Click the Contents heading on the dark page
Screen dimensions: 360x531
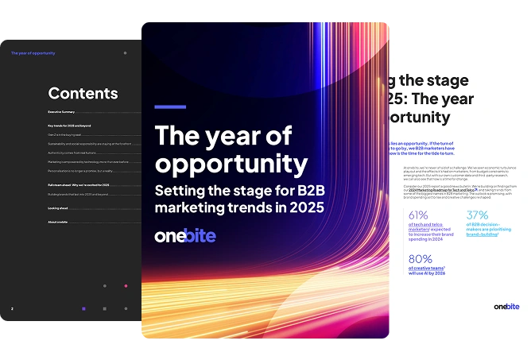(83, 93)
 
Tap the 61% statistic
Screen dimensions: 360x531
(418, 215)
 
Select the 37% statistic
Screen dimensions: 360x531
(477, 215)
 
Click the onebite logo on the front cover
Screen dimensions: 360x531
(184, 236)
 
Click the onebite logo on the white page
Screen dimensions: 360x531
(506, 306)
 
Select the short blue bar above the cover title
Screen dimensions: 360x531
(170, 107)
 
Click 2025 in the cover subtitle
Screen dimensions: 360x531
(306, 207)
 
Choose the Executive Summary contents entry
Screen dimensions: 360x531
(61, 112)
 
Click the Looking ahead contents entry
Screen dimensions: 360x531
(56, 208)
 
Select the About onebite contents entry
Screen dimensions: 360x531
(57, 222)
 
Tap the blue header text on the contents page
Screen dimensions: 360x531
(33, 53)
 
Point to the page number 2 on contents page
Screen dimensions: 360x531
(12, 308)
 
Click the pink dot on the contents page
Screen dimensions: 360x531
(125, 285)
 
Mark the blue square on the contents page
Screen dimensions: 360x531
(83, 308)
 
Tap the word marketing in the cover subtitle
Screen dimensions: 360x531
(188, 207)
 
